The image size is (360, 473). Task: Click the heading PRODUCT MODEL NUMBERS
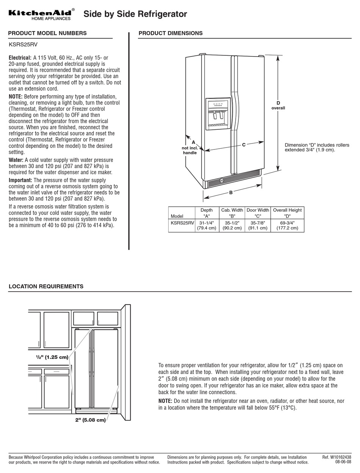click(x=47, y=33)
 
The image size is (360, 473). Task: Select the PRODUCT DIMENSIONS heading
click(x=171, y=33)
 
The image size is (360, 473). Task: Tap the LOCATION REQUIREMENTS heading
click(x=46, y=286)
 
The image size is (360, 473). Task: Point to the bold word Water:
click(x=16, y=160)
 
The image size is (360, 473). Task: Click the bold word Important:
click(x=20, y=180)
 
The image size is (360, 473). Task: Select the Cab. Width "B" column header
click(x=232, y=213)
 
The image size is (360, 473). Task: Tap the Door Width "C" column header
click(x=258, y=213)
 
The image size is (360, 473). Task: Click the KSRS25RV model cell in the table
click(x=182, y=223)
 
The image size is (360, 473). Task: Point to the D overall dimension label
click(x=278, y=105)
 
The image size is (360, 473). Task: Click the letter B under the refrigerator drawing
click(x=231, y=193)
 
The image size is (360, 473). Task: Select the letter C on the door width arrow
click(x=244, y=145)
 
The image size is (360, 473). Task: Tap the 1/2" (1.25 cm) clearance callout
click(x=52, y=357)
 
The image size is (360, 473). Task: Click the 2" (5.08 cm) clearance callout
click(x=90, y=420)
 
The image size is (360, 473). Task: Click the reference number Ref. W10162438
click(x=337, y=457)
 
